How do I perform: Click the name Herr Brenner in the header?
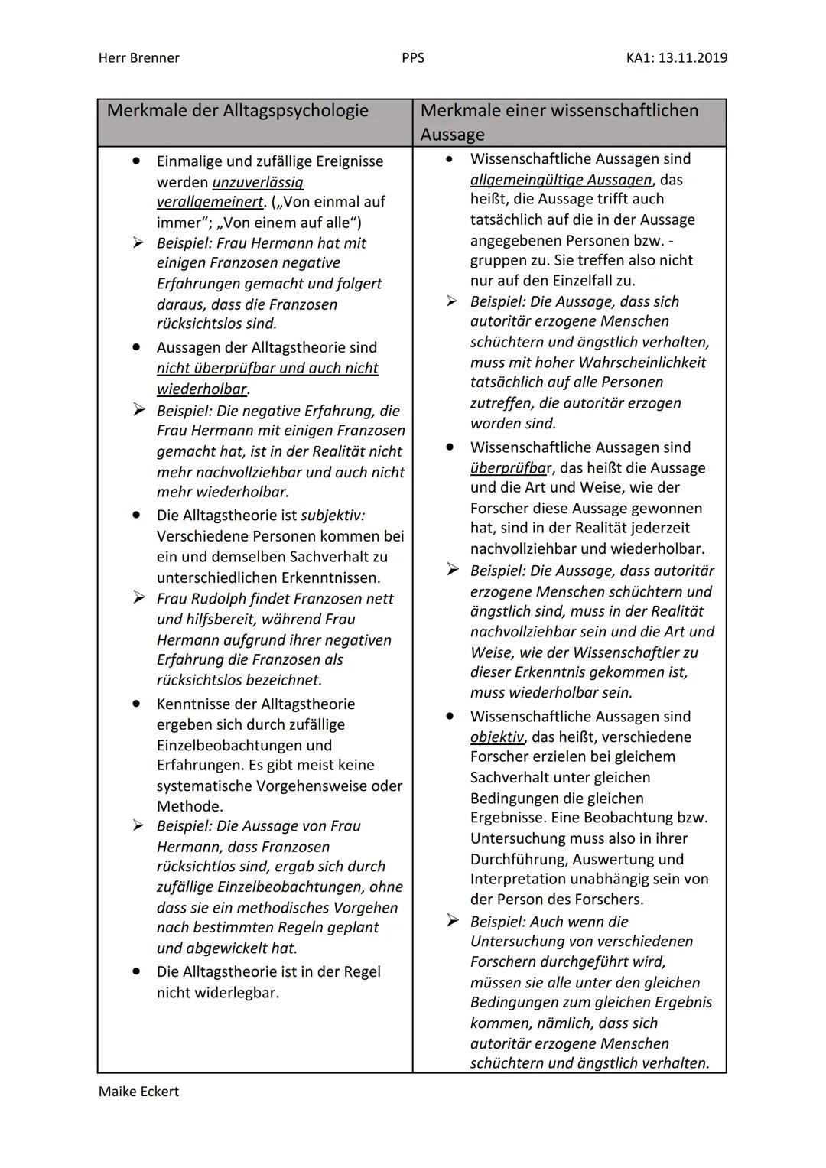click(138, 58)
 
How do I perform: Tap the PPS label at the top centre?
click(412, 58)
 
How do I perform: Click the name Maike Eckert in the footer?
click(138, 1092)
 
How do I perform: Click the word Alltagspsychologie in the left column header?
click(295, 111)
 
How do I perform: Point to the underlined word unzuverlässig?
click(258, 182)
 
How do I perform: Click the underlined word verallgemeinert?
click(210, 202)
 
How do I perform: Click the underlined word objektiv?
click(497, 737)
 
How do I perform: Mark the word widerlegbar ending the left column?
click(236, 993)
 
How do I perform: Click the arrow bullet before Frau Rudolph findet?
click(138, 597)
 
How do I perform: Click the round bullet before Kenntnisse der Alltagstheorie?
click(136, 703)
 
